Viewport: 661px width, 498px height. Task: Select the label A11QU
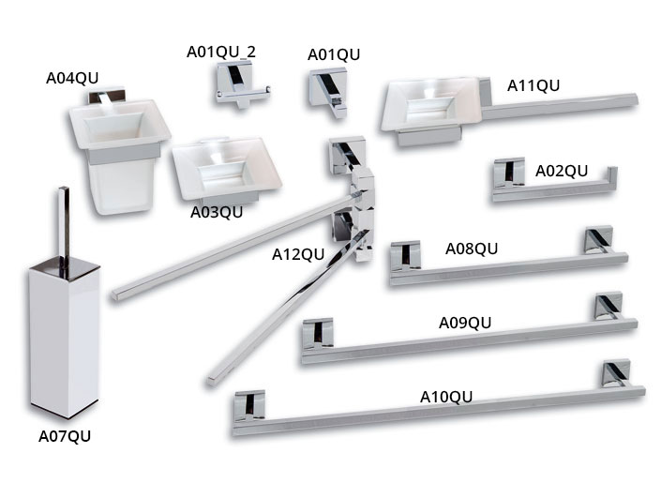533,85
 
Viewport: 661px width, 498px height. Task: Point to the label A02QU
562,171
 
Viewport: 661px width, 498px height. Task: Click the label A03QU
217,212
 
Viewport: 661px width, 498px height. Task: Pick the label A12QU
298,253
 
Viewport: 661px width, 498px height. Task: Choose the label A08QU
472,249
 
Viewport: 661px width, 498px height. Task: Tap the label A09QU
465,323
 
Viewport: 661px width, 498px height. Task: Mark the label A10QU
445,396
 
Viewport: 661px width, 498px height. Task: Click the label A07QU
65,435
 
